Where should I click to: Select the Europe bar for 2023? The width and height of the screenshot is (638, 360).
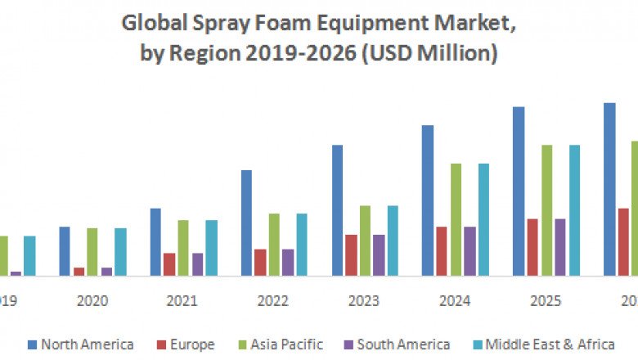tap(351, 255)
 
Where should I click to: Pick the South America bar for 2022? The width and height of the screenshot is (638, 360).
tap(288, 263)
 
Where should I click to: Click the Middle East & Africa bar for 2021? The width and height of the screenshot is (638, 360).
tap(211, 248)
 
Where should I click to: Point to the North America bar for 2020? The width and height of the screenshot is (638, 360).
tap(65, 251)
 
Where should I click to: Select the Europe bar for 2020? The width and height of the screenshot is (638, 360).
tap(79, 272)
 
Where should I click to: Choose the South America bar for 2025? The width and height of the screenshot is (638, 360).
tap(560, 247)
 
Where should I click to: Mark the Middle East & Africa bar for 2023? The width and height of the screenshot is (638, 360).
tap(393, 241)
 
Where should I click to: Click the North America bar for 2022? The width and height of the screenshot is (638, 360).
tap(246, 223)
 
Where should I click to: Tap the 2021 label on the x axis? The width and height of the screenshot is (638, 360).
tap(182, 301)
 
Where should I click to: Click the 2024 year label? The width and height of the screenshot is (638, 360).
tap(455, 301)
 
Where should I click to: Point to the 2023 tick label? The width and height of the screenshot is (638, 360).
tap(363, 301)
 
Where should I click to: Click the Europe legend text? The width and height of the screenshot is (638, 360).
tap(191, 344)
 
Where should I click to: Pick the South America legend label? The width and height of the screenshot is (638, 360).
tap(403, 344)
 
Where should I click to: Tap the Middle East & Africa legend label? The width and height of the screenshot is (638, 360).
tap(549, 344)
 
